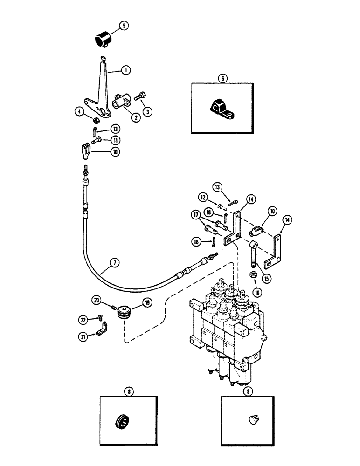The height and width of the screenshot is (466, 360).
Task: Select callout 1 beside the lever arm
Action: pyautogui.click(x=125, y=70)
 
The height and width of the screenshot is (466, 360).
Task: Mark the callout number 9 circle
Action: pyautogui.click(x=248, y=391)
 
